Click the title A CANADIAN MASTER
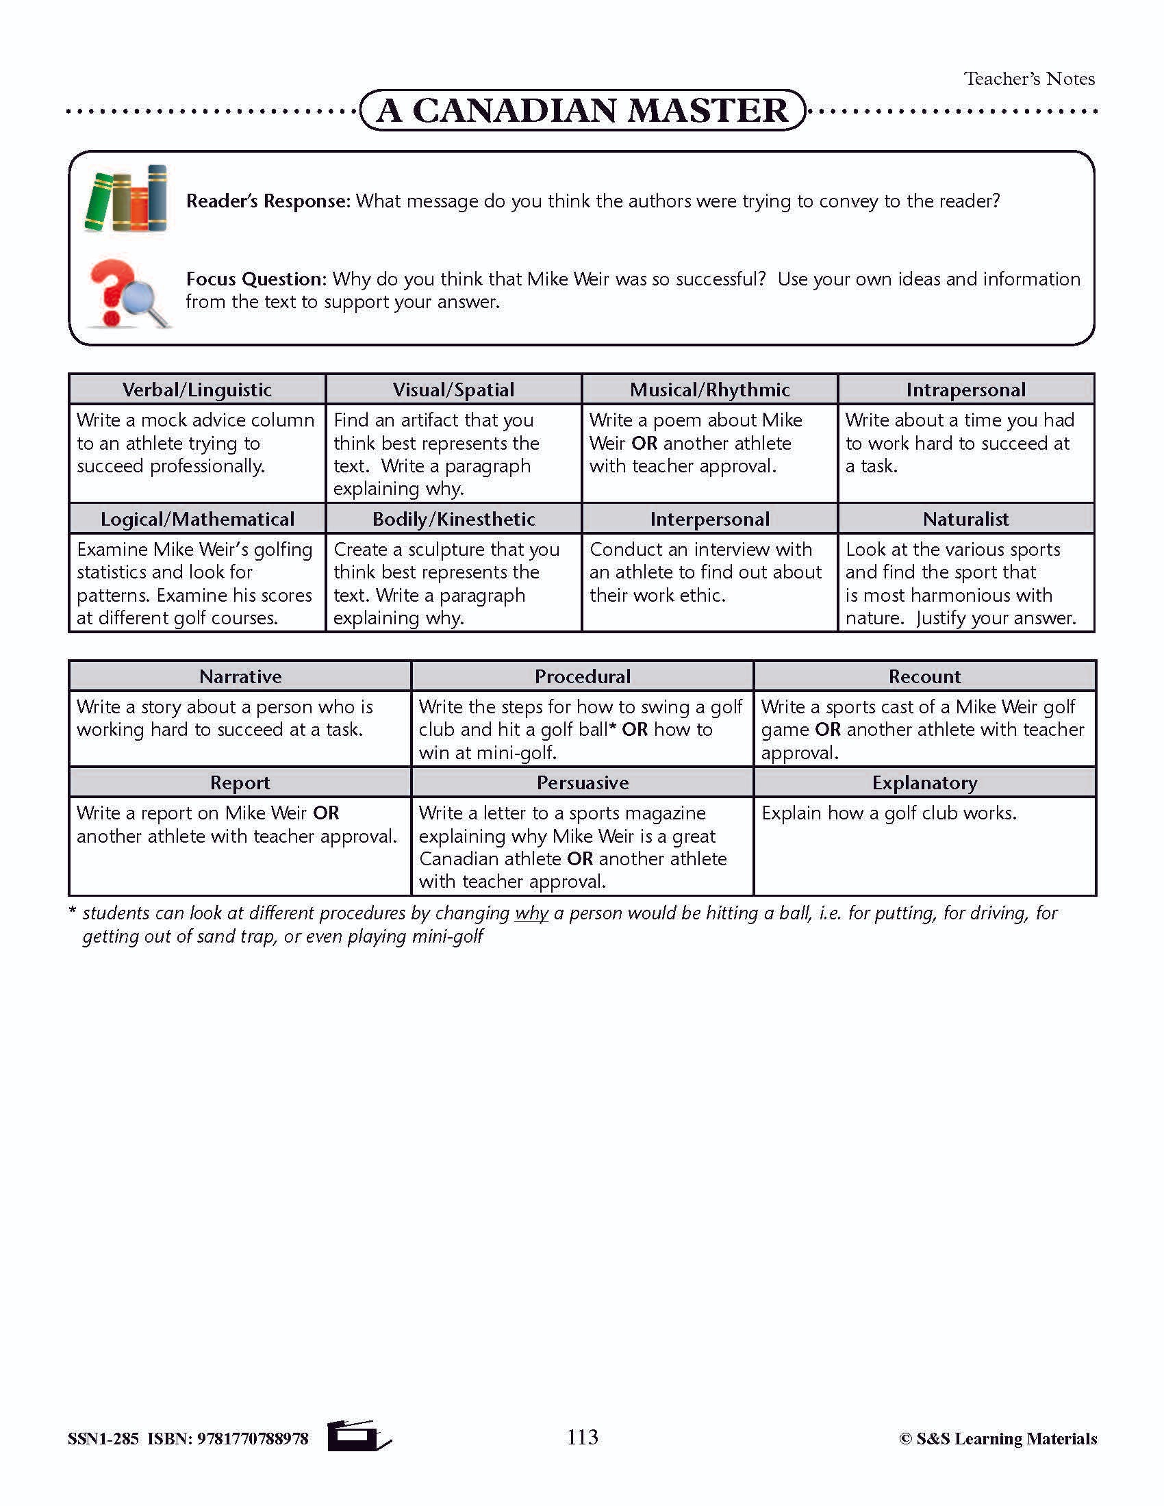click(x=583, y=110)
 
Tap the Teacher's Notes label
click(x=1029, y=79)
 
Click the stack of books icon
click(x=125, y=199)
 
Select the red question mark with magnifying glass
click(x=127, y=293)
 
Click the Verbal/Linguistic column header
click(x=197, y=390)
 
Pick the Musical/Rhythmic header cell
click(x=709, y=390)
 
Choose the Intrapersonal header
click(x=965, y=390)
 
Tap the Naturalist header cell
click(x=965, y=519)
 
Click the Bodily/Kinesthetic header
click(x=454, y=519)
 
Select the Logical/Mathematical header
click(x=197, y=519)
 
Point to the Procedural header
click(x=583, y=676)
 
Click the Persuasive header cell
click(x=583, y=782)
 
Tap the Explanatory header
click(x=924, y=782)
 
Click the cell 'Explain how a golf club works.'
click(x=889, y=813)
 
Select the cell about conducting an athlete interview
click(x=705, y=572)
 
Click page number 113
click(x=583, y=1438)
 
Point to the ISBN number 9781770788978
click(x=253, y=1439)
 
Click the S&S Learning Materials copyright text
click(x=998, y=1439)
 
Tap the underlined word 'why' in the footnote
click(x=531, y=913)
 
